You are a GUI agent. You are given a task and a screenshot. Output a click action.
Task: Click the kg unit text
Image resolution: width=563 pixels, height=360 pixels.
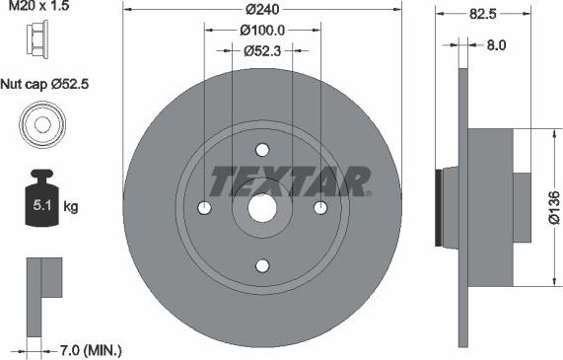click(x=71, y=207)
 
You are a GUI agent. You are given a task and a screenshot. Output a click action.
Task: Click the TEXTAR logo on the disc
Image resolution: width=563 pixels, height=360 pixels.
click(x=290, y=180)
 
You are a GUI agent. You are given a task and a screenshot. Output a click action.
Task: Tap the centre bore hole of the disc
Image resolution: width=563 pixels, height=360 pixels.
click(x=262, y=208)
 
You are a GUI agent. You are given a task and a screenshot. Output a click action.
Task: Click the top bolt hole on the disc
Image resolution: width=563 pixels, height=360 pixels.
click(x=262, y=150)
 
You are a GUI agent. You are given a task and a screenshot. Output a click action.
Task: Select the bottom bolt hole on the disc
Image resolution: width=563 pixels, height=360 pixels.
click(x=262, y=265)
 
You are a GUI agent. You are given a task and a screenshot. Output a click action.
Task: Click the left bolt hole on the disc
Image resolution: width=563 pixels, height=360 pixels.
click(x=204, y=208)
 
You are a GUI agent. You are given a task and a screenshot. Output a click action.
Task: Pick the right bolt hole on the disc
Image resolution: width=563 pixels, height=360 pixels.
click(x=320, y=208)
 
